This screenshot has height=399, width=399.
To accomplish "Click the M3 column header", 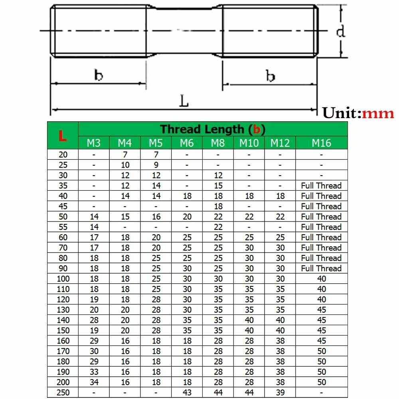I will (94, 143).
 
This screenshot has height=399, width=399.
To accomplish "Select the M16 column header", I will (321, 143).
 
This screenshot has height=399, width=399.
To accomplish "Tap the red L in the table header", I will (63, 136).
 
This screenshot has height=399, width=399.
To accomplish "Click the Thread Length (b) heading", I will (213, 129).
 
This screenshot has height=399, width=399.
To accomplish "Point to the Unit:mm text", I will (358, 113).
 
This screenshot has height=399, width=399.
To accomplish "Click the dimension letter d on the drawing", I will (340, 31).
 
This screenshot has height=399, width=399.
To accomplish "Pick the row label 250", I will (63, 393).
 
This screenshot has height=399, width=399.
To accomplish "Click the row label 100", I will (63, 279).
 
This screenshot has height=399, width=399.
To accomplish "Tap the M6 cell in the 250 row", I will (187, 393).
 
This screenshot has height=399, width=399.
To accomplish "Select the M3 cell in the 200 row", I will (94, 382).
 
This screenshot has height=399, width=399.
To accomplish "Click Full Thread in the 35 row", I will (321, 186).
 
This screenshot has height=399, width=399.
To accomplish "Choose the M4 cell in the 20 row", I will (125, 154).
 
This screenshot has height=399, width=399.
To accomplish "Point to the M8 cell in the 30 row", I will (218, 175).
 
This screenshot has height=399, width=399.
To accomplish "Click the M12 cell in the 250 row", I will (280, 393).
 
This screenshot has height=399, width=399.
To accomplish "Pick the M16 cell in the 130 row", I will (321, 310).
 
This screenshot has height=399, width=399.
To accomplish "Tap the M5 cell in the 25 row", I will (156, 165).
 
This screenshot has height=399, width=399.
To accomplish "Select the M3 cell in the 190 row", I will (94, 372).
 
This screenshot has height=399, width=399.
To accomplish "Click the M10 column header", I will (249, 143).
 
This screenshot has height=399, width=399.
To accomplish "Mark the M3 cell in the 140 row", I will (94, 320).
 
